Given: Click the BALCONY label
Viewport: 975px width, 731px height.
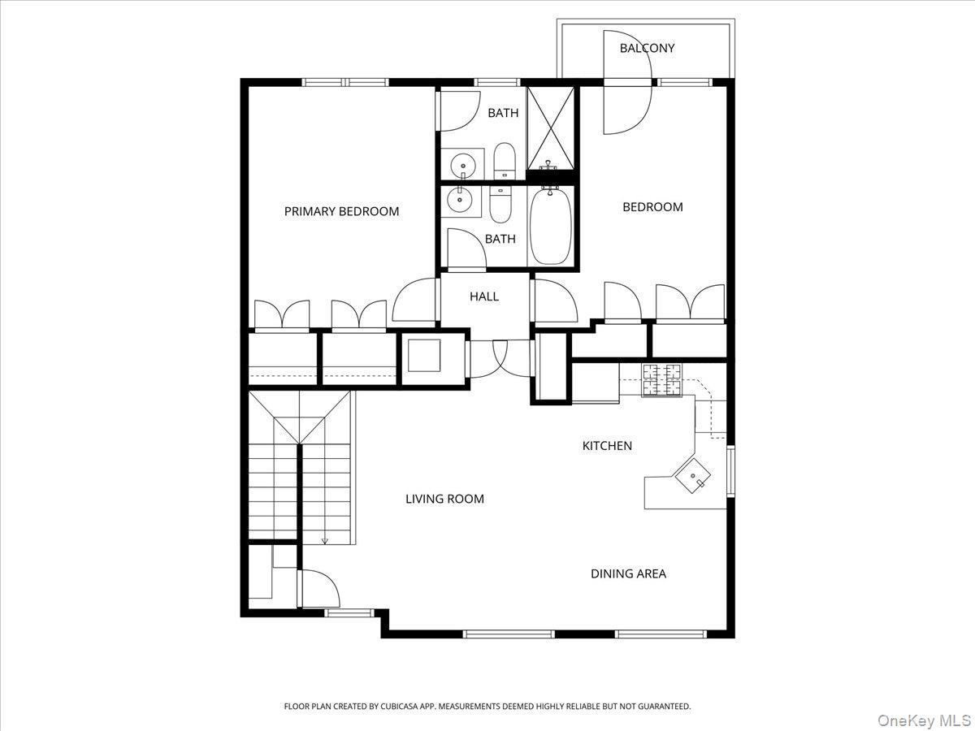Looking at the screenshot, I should (x=647, y=48).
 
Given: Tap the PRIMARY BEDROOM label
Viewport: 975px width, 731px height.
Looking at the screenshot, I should (x=341, y=211).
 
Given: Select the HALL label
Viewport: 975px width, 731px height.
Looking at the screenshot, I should (x=483, y=296).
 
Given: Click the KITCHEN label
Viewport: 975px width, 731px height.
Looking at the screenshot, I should (x=607, y=446).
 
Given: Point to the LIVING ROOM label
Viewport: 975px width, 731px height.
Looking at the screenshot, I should (x=444, y=499).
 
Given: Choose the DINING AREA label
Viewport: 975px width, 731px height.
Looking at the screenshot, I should (x=628, y=573).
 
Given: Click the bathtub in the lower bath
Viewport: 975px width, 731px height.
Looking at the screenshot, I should (x=551, y=225).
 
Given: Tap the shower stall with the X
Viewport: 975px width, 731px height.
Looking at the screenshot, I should (x=551, y=128).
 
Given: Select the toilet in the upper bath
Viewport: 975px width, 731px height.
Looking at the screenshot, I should (x=505, y=161).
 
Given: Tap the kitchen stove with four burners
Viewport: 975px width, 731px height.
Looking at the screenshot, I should (x=662, y=380).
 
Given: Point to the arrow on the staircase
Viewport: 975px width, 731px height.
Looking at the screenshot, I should (x=325, y=539).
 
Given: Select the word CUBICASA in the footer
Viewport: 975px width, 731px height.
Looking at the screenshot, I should (x=402, y=707).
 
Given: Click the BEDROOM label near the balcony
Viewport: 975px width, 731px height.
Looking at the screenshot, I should (x=652, y=207).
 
